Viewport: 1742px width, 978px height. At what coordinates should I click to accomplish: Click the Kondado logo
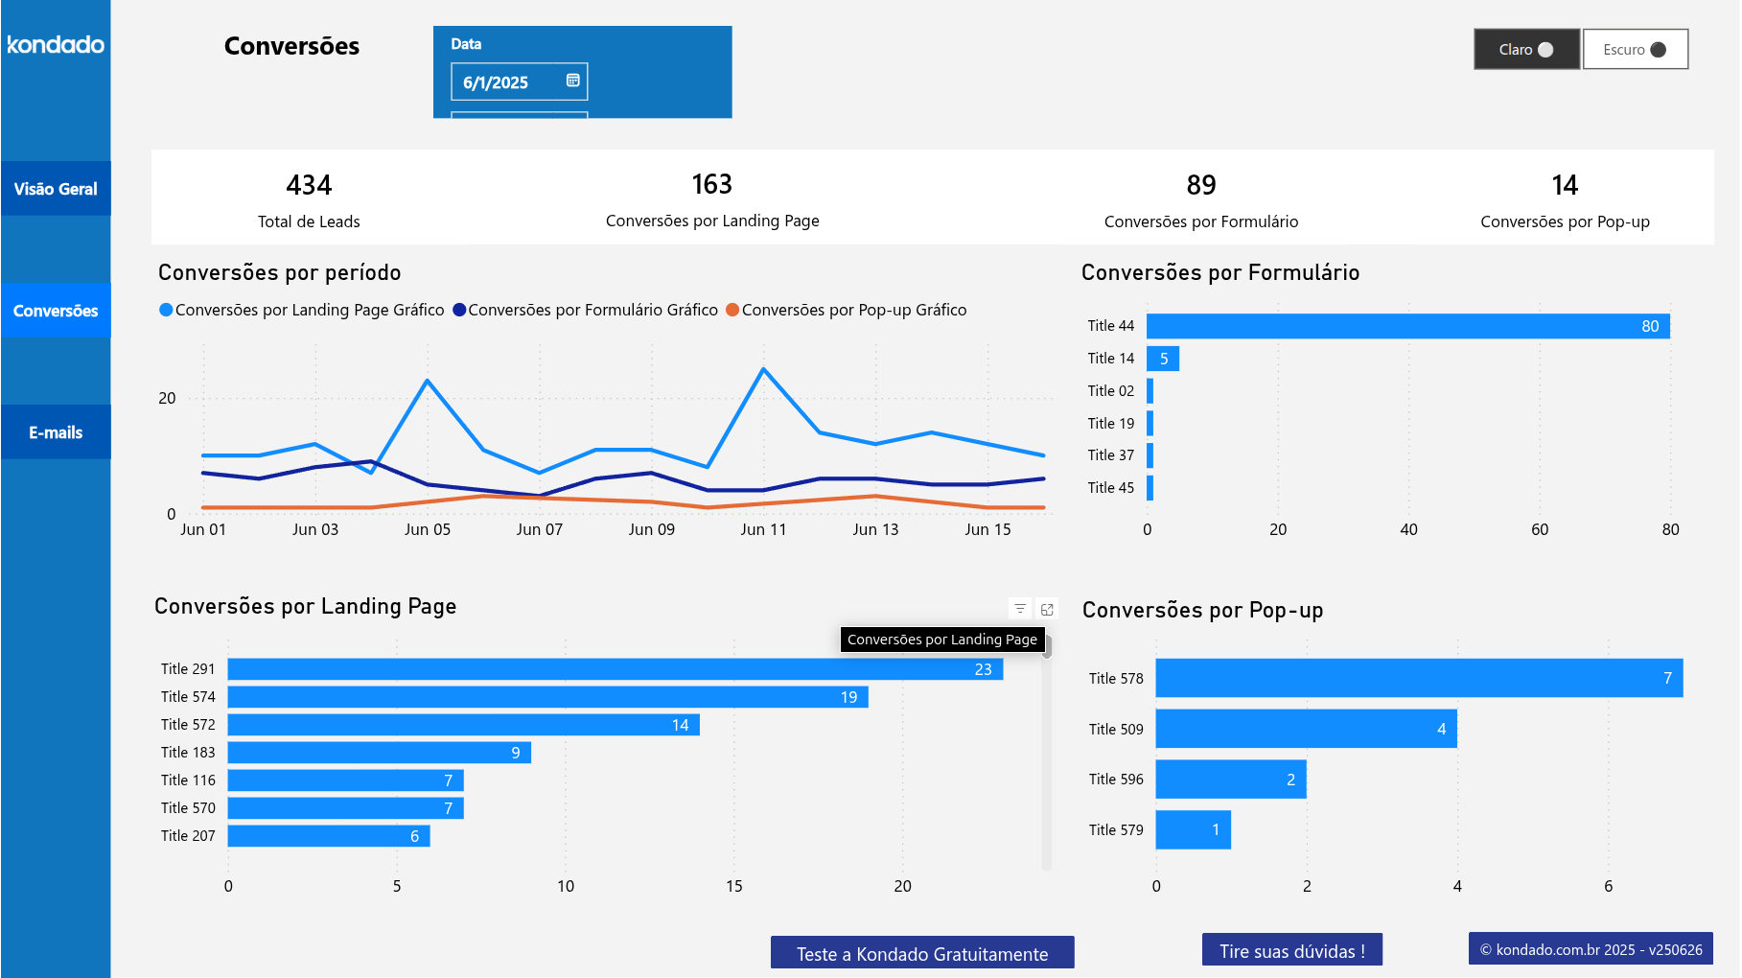(56, 45)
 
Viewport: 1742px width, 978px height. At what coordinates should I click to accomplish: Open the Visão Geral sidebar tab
(56, 189)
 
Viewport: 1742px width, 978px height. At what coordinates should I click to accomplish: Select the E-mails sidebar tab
(56, 432)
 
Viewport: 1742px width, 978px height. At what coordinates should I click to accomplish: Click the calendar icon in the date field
(572, 81)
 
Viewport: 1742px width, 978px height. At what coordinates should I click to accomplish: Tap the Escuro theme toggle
(1635, 50)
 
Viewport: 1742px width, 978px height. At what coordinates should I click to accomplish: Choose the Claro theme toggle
(1526, 50)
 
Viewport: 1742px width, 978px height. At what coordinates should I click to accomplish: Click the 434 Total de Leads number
(309, 185)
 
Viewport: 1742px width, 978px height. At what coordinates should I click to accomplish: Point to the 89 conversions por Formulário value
(1200, 185)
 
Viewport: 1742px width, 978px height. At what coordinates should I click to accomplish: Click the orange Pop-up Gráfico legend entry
(846, 310)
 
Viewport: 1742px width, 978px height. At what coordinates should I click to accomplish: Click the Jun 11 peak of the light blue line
(763, 369)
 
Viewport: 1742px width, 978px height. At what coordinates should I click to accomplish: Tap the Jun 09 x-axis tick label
(651, 529)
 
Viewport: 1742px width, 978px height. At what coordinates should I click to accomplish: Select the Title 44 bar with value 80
(1407, 326)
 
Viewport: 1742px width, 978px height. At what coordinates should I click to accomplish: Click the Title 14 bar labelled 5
(1163, 359)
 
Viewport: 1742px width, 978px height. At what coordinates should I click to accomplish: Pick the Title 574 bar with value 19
(546, 697)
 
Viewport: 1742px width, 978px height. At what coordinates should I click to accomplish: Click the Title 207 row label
(188, 836)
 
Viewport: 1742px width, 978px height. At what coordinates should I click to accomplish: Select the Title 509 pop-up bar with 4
(1305, 729)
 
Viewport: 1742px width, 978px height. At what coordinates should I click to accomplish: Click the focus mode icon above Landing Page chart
(1047, 609)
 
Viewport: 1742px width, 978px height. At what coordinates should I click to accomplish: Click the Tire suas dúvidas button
(1291, 950)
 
